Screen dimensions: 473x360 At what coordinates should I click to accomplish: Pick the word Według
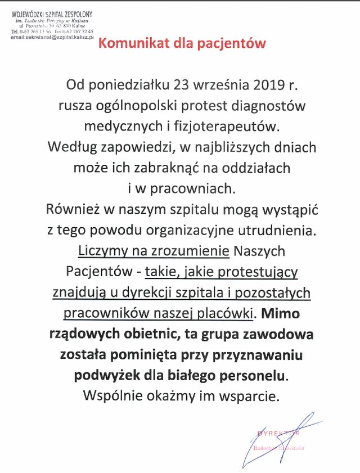coord(69,148)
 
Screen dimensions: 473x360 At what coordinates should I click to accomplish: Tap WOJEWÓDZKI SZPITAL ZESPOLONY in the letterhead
coord(51,12)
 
